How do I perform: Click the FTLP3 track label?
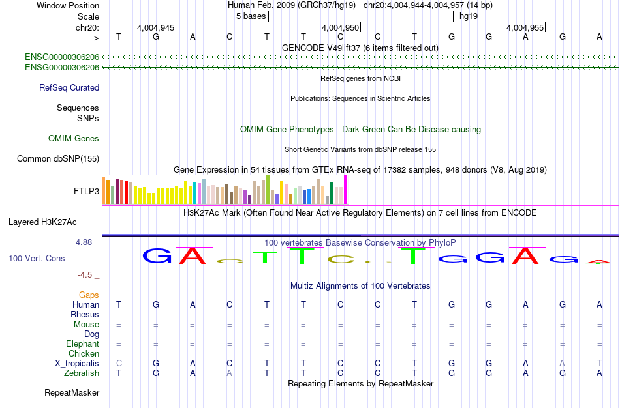click(86, 191)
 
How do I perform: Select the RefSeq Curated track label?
click(69, 88)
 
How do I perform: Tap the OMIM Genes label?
click(74, 138)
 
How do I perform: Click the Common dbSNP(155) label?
click(58, 159)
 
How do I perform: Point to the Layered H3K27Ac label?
click(42, 222)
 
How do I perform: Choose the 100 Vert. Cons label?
click(37, 258)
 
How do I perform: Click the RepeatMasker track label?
click(72, 392)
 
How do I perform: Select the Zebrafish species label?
click(82, 373)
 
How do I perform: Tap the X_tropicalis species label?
click(77, 364)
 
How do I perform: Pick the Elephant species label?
click(82, 343)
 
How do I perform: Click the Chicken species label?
click(84, 353)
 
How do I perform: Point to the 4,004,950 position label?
click(340, 27)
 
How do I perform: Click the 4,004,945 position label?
click(155, 27)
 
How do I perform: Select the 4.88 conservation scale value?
click(84, 242)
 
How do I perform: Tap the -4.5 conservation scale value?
click(85, 274)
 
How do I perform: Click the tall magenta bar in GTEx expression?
click(346, 190)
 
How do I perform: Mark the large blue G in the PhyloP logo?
click(157, 256)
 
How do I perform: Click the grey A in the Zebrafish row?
click(229, 373)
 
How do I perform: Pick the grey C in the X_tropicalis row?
click(119, 364)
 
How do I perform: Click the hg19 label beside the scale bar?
click(469, 16)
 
